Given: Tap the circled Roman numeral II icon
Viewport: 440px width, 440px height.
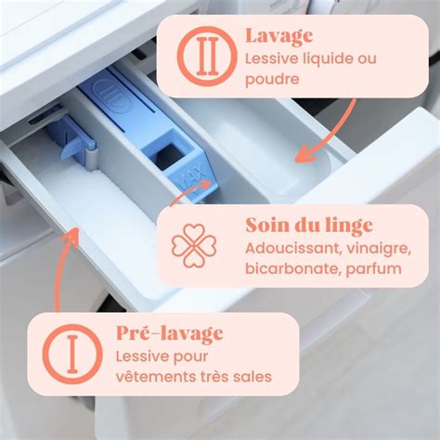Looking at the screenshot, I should coord(201,55).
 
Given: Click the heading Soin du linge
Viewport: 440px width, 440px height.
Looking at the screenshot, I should coord(309,226).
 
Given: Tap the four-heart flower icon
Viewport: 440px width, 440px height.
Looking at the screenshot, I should coord(194,245).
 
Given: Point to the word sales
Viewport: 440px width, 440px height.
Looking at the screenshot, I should coord(253,378).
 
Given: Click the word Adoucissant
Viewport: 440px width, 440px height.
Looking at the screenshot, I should coord(286,249).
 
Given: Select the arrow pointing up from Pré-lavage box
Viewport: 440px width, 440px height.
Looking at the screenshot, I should coord(63,269).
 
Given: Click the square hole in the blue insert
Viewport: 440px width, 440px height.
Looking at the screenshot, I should coord(169,153).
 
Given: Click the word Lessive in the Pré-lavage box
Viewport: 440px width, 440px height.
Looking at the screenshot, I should coord(143,356).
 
